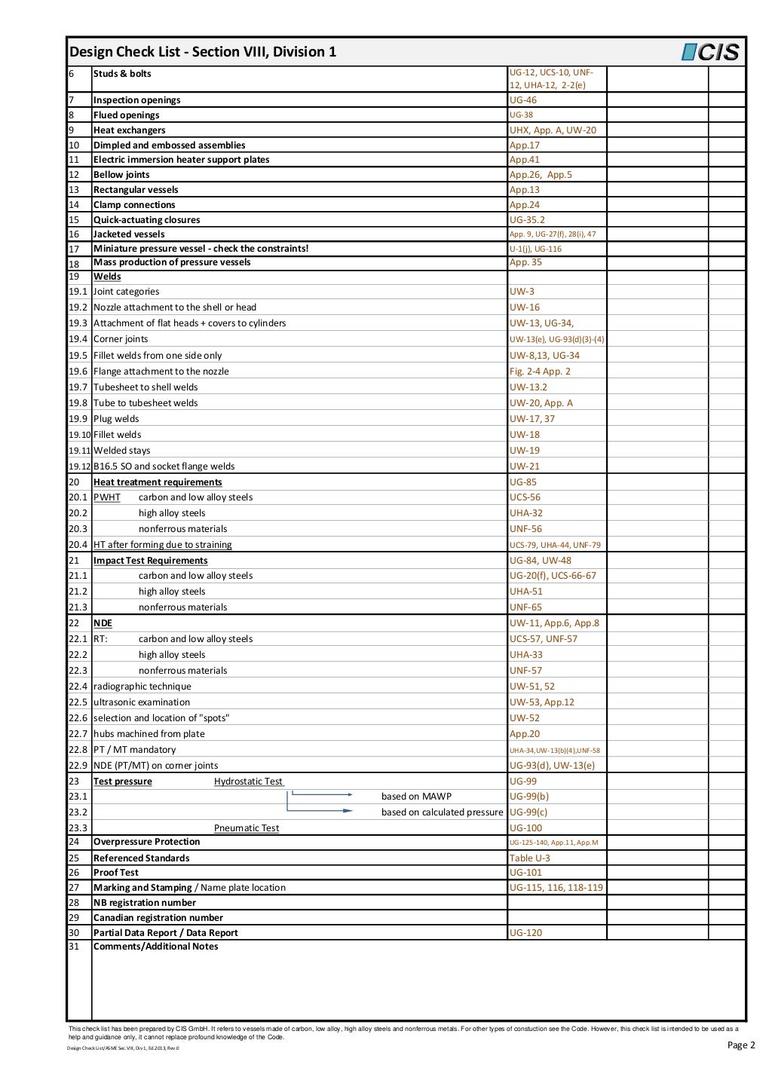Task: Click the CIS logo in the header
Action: pos(710,52)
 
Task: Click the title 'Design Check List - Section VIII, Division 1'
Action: pos(203,52)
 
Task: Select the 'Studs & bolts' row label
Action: pos(122,74)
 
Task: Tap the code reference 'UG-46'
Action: pos(523,100)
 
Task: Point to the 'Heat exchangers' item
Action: pos(129,130)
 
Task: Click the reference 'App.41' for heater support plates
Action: pos(525,160)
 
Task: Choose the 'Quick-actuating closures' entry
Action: pos(146,220)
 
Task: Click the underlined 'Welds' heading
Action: pos(107,277)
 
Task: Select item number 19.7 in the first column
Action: pos(78,387)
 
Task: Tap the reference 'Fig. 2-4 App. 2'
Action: pos(540,372)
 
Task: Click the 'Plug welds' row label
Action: pos(116,419)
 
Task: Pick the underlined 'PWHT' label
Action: pos(107,497)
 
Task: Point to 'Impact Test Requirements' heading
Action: pos(150,561)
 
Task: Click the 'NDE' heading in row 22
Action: pos(103,623)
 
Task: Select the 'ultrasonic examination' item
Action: pos(142,702)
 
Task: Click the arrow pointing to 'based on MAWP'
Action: pos(322,794)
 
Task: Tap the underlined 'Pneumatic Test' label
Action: pos(247,828)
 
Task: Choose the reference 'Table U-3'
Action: pos(530,858)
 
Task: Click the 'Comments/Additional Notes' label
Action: pos(155,947)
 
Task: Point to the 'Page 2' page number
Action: pos(741,1045)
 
